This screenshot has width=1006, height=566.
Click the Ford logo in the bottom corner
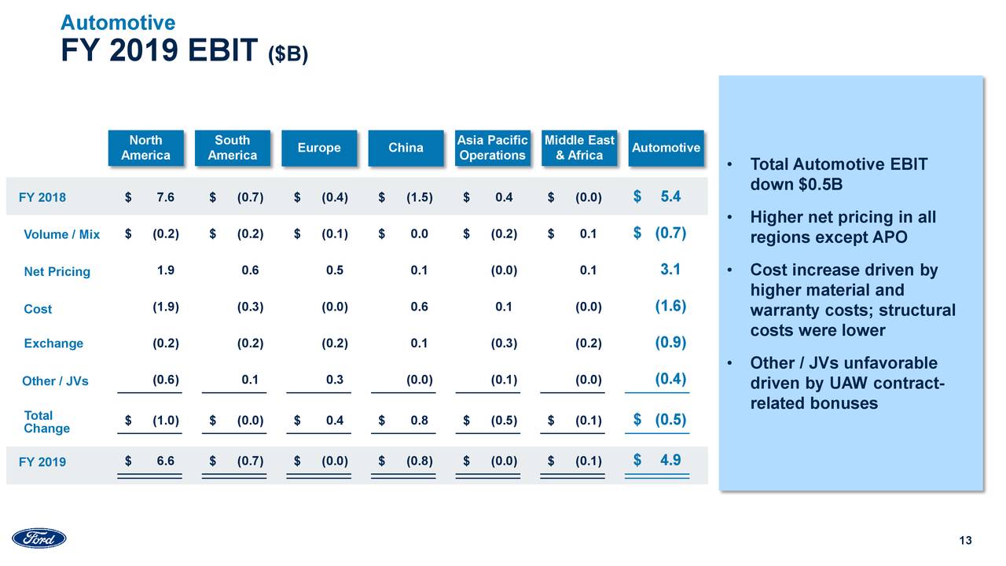pos(39,538)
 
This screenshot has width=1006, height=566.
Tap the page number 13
pos(966,540)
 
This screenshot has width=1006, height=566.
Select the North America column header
pos(145,148)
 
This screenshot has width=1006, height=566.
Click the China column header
pos(406,148)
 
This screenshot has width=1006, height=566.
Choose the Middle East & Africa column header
pos(579,148)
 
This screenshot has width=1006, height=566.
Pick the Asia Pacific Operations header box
pos(492,148)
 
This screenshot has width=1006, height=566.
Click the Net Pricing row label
pos(57,272)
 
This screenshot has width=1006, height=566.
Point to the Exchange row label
pos(53,344)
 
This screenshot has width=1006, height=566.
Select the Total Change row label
pos(46,422)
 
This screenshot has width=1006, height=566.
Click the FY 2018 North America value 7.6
pos(165,198)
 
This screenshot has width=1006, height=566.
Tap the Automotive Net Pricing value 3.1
pos(670,270)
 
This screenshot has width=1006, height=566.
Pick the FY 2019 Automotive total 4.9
pos(670,461)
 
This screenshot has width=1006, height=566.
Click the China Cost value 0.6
pos(419,307)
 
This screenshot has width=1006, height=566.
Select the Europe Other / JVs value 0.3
pos(335,380)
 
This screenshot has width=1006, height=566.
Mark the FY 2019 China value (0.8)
pos(419,461)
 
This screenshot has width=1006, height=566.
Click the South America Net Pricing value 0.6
pos(250,270)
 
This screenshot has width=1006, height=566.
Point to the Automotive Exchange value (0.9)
pos(670,342)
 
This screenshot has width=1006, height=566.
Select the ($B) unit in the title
pos(288,55)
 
